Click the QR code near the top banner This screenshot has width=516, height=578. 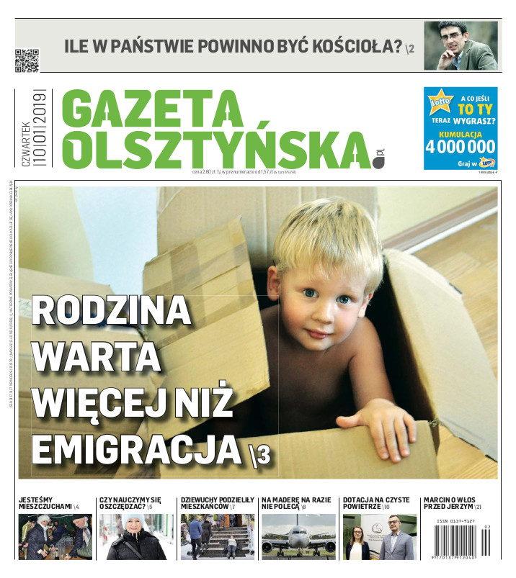[27, 60]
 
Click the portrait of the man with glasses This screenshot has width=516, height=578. [460, 45]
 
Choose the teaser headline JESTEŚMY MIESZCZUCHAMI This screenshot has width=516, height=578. [45, 502]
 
